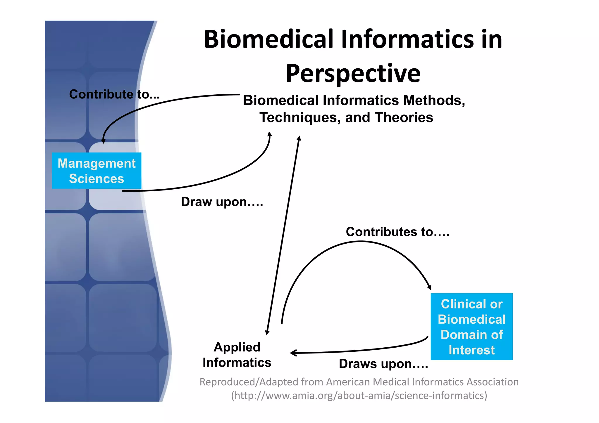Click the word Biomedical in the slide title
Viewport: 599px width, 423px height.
pyautogui.click(x=268, y=39)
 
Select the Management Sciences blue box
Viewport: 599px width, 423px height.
pyautogui.click(x=97, y=171)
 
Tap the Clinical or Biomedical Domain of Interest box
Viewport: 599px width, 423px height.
pyautogui.click(x=471, y=327)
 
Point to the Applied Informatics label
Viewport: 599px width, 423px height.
pyautogui.click(x=237, y=355)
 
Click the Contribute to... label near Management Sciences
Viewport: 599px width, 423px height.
pyautogui.click(x=114, y=94)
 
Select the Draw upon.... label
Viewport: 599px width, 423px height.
pyautogui.click(x=222, y=202)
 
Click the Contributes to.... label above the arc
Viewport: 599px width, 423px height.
pyautogui.click(x=397, y=232)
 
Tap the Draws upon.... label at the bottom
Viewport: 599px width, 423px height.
pyautogui.click(x=383, y=364)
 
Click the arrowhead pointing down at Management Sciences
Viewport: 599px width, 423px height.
pyautogui.click(x=103, y=141)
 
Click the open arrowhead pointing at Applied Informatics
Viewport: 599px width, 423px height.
pyautogui.click(x=293, y=353)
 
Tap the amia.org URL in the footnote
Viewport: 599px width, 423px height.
pyautogui.click(x=359, y=396)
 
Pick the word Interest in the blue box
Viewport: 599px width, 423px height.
pyautogui.click(x=471, y=350)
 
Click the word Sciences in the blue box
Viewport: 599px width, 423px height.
pyautogui.click(x=97, y=179)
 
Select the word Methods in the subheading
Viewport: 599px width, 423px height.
pyautogui.click(x=434, y=100)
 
